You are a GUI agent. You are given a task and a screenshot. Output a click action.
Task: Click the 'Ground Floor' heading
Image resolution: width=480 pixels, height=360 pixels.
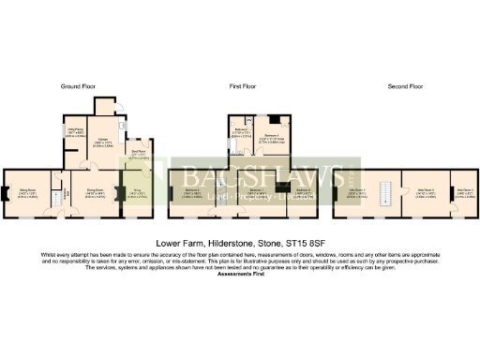(x=82, y=85)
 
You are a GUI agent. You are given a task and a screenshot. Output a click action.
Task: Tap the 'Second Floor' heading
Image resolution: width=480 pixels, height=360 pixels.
(x=406, y=85)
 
